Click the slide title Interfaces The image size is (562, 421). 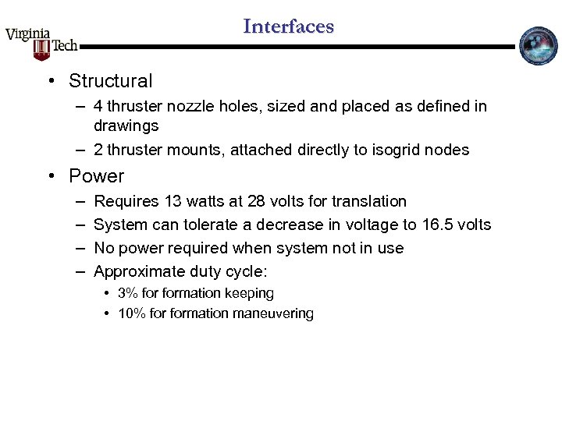288,27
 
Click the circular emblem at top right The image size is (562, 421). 539,46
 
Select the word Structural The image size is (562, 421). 111,81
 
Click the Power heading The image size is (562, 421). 96,176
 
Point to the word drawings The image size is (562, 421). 126,126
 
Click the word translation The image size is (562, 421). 368,201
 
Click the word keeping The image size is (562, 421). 250,293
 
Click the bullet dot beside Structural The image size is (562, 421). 50,81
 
